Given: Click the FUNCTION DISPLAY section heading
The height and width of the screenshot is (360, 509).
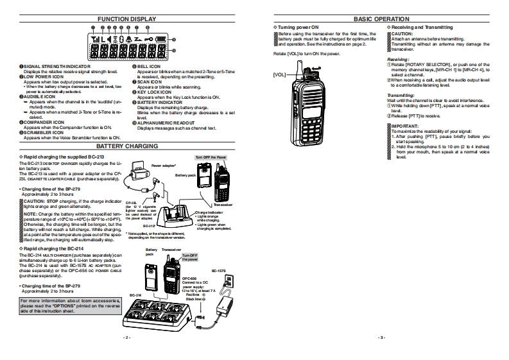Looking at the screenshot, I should point(126,19).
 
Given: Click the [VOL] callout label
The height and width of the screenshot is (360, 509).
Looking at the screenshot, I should point(279,74).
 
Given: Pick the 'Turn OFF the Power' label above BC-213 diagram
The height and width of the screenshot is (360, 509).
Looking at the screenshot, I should point(211,157).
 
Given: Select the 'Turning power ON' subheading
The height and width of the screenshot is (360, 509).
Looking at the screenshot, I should point(298,28).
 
